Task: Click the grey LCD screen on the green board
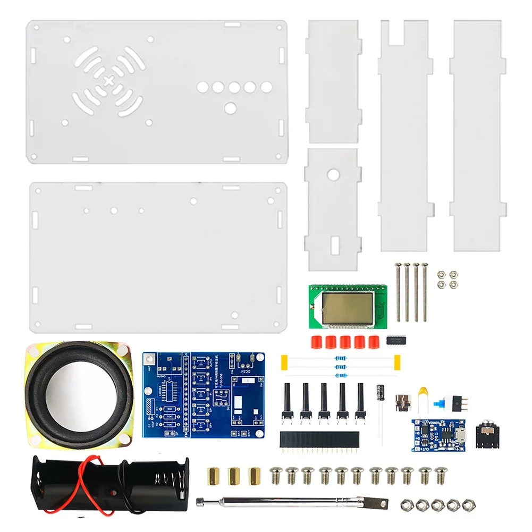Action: (348, 306)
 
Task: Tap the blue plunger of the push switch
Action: (440, 404)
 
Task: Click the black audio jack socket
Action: (486, 430)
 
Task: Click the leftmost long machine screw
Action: (398, 292)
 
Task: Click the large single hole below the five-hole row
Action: (230, 108)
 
